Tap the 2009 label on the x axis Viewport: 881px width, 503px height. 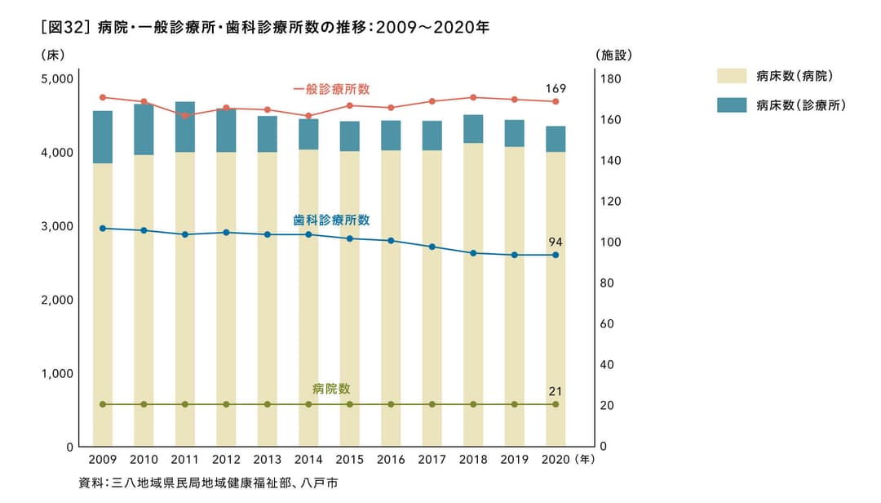[103, 461]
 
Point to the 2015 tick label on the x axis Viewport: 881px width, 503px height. [350, 461]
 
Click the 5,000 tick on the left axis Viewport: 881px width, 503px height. [57, 79]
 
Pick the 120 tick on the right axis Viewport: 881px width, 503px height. [610, 202]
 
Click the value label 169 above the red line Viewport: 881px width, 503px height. [556, 88]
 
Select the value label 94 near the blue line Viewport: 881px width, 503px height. [556, 243]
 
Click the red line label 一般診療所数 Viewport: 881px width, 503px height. [331, 89]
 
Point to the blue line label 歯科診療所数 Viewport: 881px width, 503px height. [331, 220]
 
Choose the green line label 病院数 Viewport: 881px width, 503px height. [331, 389]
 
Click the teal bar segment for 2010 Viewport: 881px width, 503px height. [144, 130]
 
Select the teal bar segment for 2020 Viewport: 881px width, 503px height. [556, 139]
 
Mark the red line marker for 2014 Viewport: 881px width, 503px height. [308, 116]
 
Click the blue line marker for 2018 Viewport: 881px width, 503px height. [473, 253]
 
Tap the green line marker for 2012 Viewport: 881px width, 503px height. [226, 404]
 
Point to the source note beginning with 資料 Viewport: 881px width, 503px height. [208, 483]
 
